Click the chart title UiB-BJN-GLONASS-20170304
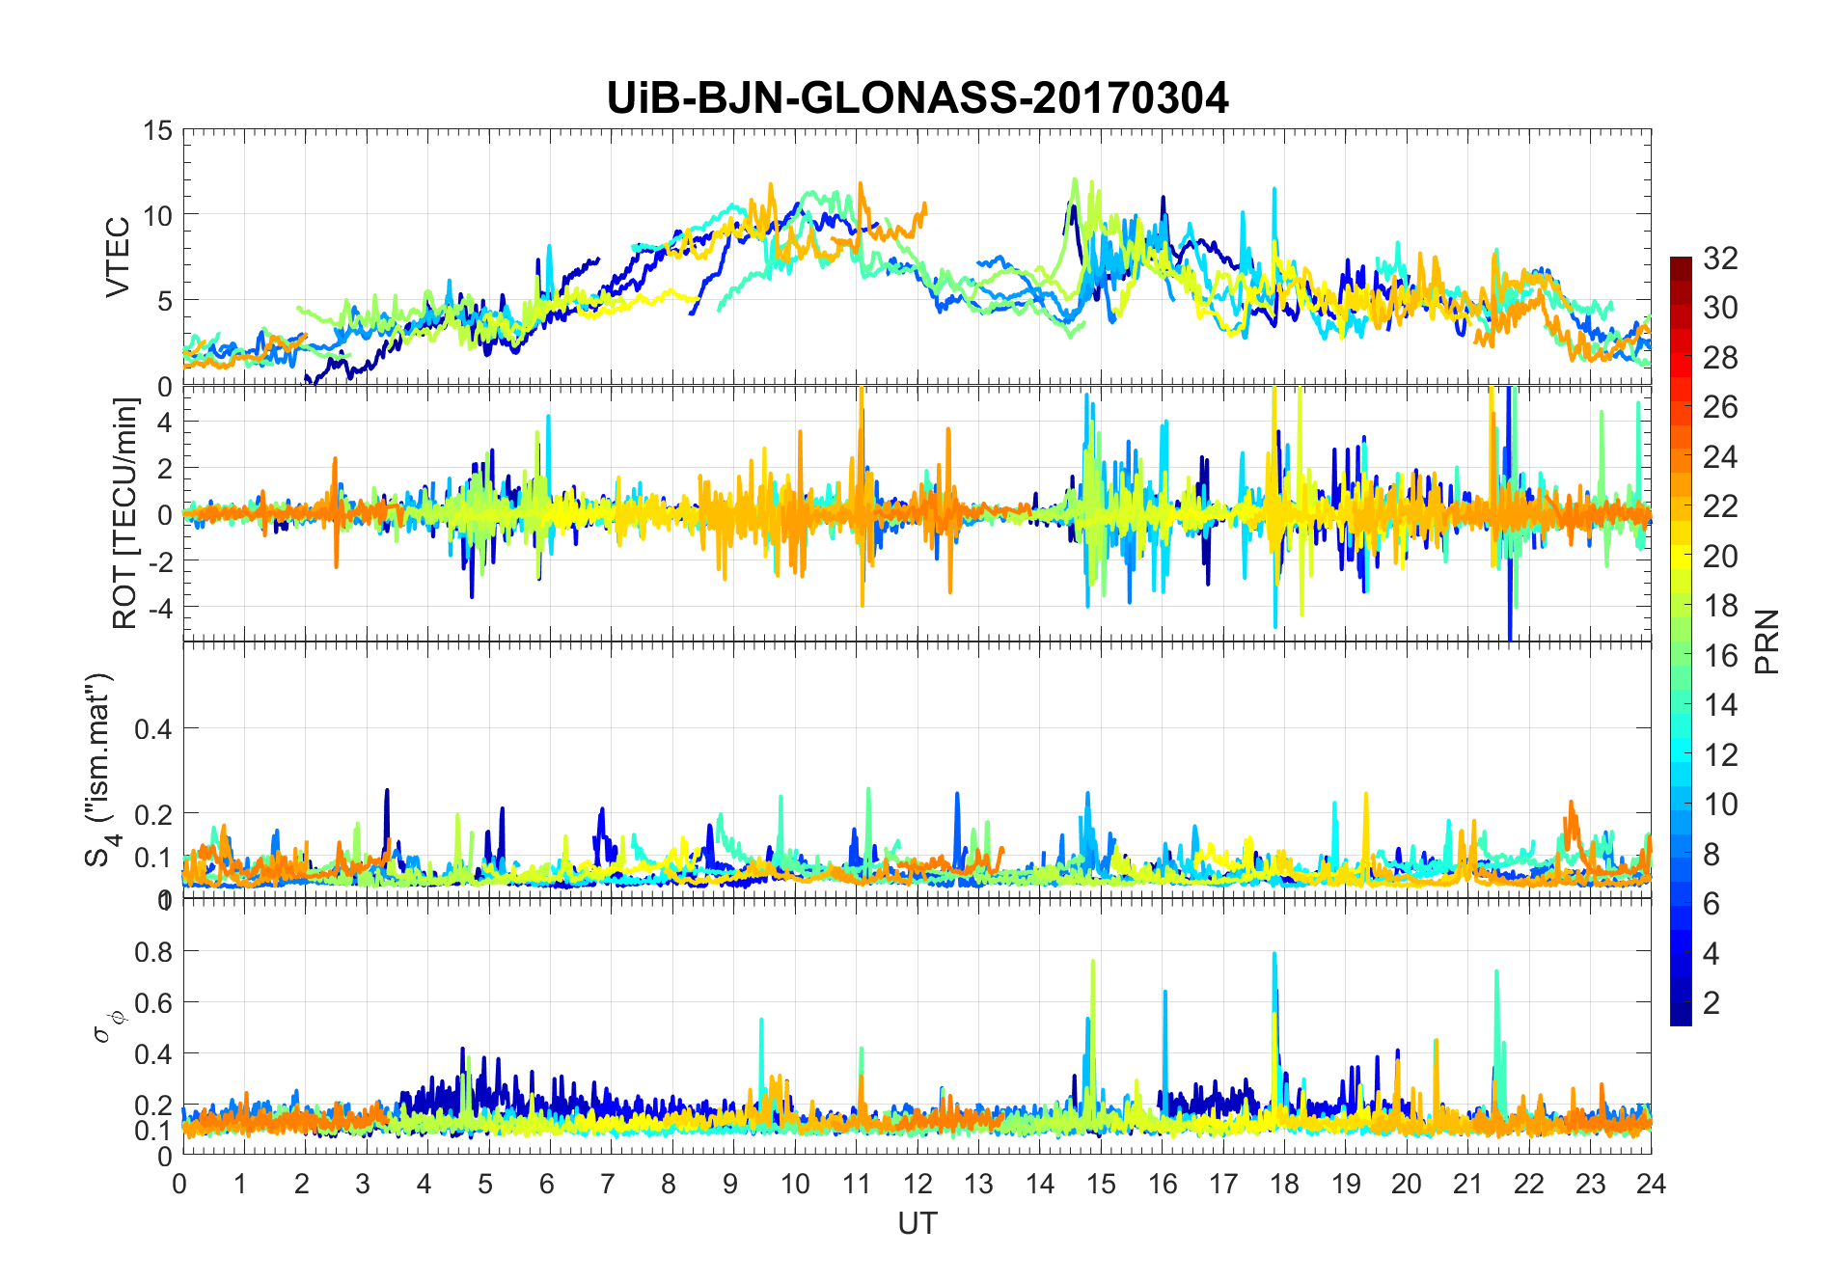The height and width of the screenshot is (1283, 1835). pos(917,98)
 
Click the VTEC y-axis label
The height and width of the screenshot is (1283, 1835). pos(117,258)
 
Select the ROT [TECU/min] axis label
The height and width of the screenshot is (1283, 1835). pos(125,513)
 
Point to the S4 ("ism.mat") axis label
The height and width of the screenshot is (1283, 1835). pos(100,770)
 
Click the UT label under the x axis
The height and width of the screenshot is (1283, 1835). pos(917,1223)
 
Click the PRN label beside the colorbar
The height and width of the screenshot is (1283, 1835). pos(1767,641)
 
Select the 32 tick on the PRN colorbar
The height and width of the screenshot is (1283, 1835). pos(1720,258)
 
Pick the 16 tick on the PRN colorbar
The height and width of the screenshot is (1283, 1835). pos(1720,655)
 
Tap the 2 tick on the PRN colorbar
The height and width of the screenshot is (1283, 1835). pos(1712,1002)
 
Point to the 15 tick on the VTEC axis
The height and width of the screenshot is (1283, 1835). pos(158,130)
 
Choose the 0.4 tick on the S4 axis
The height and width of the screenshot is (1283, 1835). pos(152,728)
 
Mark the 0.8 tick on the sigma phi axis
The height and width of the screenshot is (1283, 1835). pos(152,951)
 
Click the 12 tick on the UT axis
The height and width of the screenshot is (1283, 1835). pos(917,1184)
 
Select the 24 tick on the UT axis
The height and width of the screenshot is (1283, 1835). pos(1651,1184)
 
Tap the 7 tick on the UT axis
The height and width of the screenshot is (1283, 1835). pos(608,1184)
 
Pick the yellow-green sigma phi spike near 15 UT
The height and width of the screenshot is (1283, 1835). pos(1092,963)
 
